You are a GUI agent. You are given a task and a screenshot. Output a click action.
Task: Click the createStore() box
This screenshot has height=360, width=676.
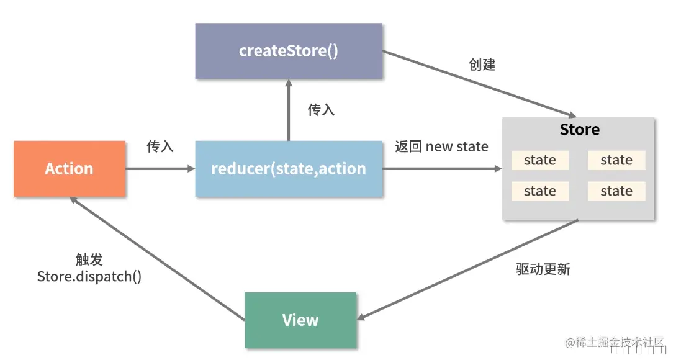(x=289, y=51)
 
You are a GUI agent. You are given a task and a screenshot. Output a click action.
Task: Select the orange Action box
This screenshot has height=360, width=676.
(x=70, y=169)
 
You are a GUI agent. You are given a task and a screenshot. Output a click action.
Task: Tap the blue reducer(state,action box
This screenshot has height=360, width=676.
(x=289, y=169)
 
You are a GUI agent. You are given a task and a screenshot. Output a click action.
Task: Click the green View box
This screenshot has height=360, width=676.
(x=300, y=320)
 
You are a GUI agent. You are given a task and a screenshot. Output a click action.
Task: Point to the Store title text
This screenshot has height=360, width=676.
(x=579, y=130)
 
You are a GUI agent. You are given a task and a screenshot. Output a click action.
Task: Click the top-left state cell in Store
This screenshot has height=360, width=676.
(x=539, y=160)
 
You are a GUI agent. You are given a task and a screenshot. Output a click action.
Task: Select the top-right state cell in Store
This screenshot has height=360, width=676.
(x=616, y=160)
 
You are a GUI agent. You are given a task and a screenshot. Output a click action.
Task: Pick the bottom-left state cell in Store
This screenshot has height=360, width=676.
(x=539, y=191)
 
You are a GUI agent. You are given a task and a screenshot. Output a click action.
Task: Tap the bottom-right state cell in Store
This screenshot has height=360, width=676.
(x=616, y=191)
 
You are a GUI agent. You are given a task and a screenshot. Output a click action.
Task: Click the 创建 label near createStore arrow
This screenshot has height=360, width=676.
(x=482, y=65)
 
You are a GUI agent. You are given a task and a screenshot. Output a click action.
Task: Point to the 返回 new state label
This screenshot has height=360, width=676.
(x=441, y=147)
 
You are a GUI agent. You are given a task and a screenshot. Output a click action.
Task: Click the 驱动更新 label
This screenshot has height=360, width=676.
(x=543, y=269)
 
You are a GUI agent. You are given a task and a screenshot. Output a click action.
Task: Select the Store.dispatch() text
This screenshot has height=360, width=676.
(x=89, y=276)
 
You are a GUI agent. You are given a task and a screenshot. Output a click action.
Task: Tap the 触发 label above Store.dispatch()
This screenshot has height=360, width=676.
(x=89, y=259)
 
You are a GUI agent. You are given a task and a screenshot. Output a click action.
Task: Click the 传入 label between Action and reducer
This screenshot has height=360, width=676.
(x=160, y=146)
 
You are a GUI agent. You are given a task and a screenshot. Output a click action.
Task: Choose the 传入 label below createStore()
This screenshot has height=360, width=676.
(x=321, y=110)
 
